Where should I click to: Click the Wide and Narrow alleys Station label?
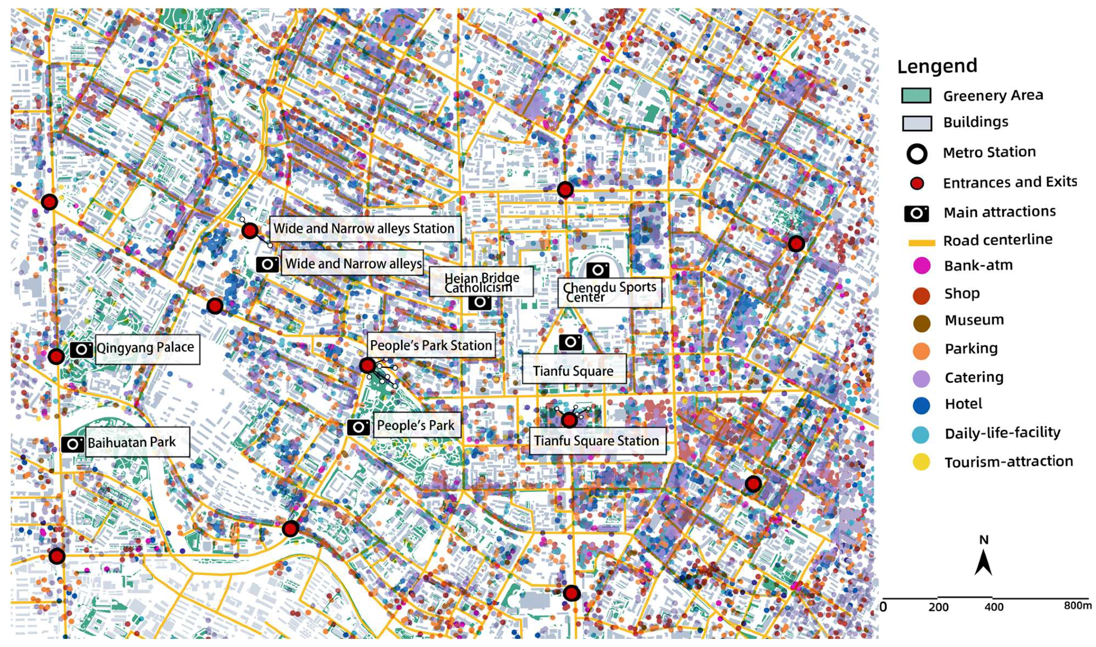tap(364, 229)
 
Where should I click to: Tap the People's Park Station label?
tap(431, 346)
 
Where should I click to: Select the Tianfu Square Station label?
tap(596, 441)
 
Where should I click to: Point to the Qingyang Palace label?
tap(145, 348)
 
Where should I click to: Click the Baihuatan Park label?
tap(132, 443)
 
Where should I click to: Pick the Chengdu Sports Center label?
tap(609, 292)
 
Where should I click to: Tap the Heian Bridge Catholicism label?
tap(481, 283)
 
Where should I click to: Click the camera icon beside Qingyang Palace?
tap(81, 349)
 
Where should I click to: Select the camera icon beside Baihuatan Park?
tap(73, 444)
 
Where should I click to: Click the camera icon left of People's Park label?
tap(359, 428)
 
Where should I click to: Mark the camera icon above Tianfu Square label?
tap(570, 342)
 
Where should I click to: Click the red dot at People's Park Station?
tap(367, 366)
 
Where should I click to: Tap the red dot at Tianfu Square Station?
tap(569, 420)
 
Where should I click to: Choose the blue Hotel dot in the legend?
tap(921, 406)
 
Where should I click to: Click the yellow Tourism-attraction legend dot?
tap(921, 462)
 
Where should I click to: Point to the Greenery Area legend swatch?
tap(916, 96)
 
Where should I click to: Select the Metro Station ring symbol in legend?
tap(917, 154)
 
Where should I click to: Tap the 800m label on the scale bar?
tap(1077, 606)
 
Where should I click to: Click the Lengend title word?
tap(937, 66)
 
